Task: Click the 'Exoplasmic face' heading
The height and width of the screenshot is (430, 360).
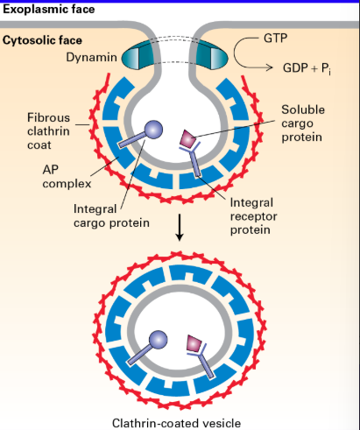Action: (x=49, y=10)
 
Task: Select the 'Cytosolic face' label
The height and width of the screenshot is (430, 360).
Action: (x=42, y=40)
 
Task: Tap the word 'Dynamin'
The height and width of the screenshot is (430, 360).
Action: (x=91, y=57)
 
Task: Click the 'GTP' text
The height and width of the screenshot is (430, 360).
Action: (x=275, y=39)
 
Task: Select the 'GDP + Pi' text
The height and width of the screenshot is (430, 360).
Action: (x=307, y=68)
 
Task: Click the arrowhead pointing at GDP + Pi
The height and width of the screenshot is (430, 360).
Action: (x=269, y=67)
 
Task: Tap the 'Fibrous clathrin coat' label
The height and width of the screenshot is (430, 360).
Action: (x=48, y=131)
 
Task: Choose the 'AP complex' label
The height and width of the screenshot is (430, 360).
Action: (x=67, y=177)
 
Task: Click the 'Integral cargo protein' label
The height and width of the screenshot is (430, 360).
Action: (x=111, y=216)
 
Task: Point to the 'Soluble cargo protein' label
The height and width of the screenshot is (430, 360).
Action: (x=303, y=123)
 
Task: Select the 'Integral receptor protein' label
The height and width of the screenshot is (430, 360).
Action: (x=253, y=216)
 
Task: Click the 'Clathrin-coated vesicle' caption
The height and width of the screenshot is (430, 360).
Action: (x=176, y=423)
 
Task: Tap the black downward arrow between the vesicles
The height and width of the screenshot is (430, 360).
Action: (x=180, y=228)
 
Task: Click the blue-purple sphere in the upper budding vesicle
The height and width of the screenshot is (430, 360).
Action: (x=154, y=130)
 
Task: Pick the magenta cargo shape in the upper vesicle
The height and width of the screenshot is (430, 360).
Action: (x=188, y=138)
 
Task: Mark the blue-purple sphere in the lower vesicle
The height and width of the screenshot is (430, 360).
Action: (x=158, y=340)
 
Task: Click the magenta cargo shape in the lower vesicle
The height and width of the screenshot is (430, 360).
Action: (x=194, y=343)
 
